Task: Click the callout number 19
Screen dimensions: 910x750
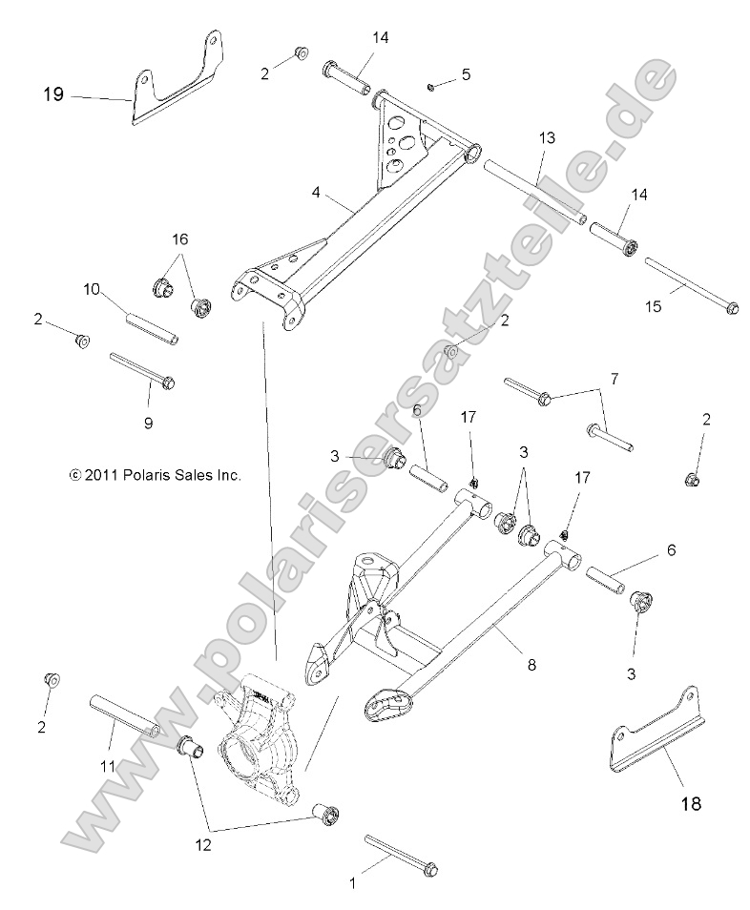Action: [x=52, y=94]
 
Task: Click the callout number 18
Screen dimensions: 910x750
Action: [x=691, y=803]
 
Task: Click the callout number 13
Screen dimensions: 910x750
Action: [x=546, y=138]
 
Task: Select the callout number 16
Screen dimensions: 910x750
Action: [x=178, y=239]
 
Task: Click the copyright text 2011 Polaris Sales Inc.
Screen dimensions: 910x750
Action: [x=155, y=473]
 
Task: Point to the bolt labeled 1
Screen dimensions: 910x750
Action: [x=400, y=854]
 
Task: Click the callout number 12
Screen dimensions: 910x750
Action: [x=204, y=843]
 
